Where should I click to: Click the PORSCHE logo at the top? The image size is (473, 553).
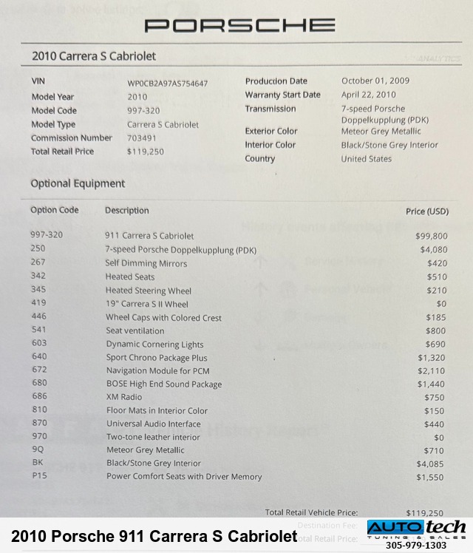239,26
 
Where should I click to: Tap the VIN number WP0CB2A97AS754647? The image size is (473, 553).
167,84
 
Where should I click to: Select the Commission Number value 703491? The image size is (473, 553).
141,138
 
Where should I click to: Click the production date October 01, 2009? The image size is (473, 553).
375,81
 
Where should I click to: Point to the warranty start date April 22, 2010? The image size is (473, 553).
368,95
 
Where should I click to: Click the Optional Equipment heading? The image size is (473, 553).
78,184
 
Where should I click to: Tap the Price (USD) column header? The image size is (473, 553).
426,211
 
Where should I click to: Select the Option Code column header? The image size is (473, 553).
54,210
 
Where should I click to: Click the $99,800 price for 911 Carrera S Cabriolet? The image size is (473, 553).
431,237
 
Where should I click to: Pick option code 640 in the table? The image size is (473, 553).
39,356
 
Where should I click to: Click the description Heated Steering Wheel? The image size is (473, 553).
148,291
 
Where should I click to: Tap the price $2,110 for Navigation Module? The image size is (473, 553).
432,370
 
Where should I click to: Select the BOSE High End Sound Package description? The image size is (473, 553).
163,384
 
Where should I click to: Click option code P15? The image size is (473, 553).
39,476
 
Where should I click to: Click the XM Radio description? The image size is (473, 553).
123,397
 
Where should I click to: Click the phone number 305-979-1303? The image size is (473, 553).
416,546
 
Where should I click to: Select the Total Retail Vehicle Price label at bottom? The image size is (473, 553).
311,512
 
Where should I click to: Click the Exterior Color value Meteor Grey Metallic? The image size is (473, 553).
381,132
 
